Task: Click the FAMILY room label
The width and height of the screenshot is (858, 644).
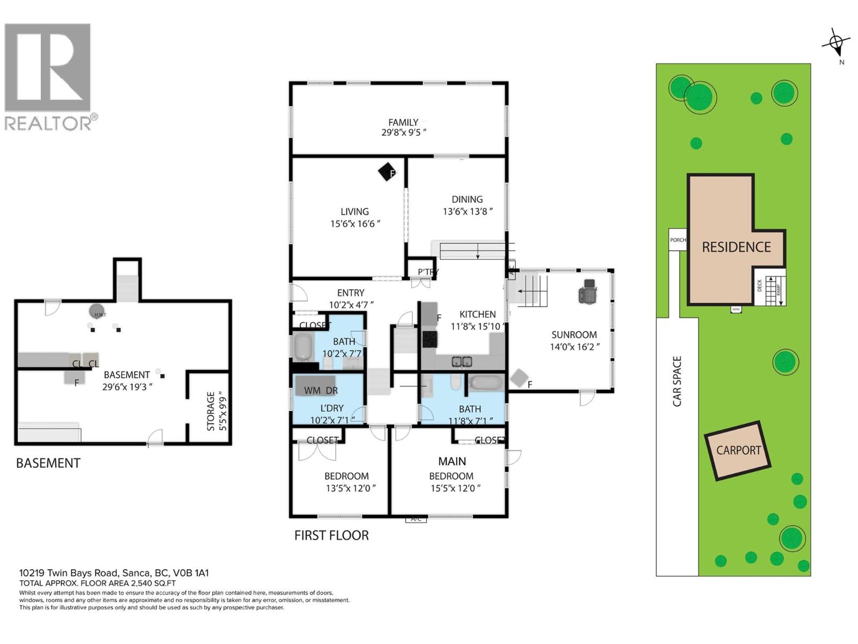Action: click(x=403, y=122)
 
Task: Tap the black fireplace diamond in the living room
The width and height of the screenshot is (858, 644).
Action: click(x=386, y=172)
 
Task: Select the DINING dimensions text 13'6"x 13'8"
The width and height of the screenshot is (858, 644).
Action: click(x=467, y=211)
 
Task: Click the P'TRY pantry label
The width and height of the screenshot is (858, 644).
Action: click(x=428, y=272)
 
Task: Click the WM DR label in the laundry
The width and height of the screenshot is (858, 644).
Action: click(x=321, y=390)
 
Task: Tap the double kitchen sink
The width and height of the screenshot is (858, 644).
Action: click(x=461, y=362)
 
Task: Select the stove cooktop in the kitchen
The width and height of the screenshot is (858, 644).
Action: click(x=430, y=339)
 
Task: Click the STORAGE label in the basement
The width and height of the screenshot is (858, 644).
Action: click(x=210, y=411)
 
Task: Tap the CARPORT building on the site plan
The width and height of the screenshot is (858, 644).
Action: click(x=738, y=450)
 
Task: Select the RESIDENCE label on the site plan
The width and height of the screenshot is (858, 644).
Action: click(x=736, y=247)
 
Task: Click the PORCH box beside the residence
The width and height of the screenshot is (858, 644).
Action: click(x=678, y=239)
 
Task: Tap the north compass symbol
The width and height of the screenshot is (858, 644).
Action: click(x=836, y=42)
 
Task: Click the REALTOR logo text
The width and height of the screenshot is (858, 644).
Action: click(x=48, y=123)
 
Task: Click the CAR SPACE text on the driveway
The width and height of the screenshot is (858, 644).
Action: click(x=677, y=381)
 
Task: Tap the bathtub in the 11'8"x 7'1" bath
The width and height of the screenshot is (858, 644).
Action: click(x=486, y=383)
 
